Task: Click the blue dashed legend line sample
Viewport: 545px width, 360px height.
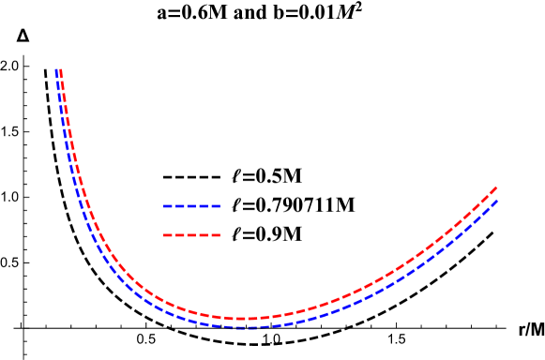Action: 191,205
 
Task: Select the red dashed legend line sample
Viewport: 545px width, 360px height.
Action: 191,235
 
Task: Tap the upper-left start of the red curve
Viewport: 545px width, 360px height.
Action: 61,71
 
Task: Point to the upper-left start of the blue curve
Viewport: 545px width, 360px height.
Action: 57,71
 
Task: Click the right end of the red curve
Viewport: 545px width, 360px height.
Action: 496,187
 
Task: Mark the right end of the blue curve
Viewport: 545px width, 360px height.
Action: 496,201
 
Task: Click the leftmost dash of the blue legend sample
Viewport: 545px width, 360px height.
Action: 167,205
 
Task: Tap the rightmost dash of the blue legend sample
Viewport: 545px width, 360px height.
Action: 216,205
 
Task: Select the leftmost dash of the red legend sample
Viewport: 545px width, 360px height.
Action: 167,235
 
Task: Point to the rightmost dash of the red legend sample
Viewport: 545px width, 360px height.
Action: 216,235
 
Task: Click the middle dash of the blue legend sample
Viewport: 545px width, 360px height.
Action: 191,205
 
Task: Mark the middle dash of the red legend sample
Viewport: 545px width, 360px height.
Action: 191,235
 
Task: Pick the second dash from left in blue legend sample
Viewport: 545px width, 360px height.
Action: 179,205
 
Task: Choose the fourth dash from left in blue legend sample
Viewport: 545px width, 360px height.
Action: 204,205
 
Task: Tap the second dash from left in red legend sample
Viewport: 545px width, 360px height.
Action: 179,235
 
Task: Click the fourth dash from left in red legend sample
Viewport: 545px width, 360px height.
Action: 204,235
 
